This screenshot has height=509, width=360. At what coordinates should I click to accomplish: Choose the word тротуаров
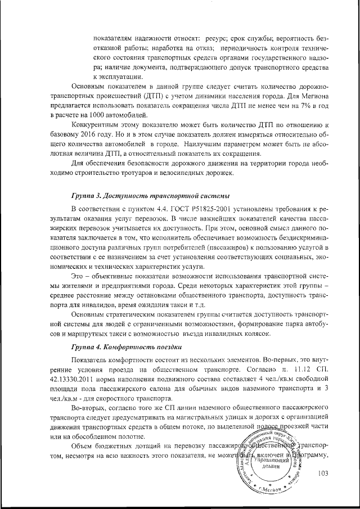tap(142, 173)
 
